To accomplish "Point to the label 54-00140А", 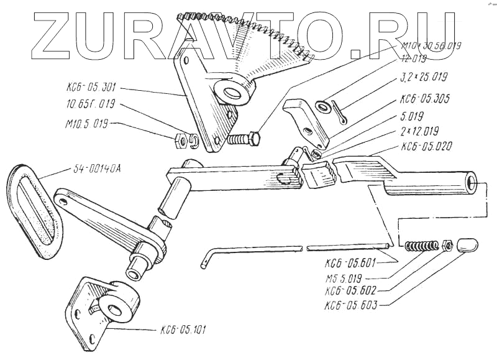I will [x=93, y=169].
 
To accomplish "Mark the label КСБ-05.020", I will [x=426, y=147].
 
